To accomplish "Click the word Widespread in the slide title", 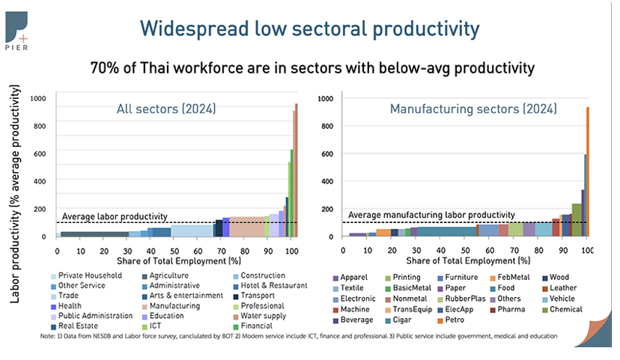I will pyautogui.click(x=186, y=29).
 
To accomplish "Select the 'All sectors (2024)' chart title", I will pyautogui.click(x=165, y=109).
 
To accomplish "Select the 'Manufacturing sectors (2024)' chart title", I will pyautogui.click(x=473, y=109).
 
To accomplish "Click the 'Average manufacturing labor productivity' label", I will pyautogui.click(x=432, y=215).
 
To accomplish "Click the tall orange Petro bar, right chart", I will pyautogui.click(x=587, y=172).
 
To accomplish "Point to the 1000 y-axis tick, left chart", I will pyautogui.click(x=37, y=99).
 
